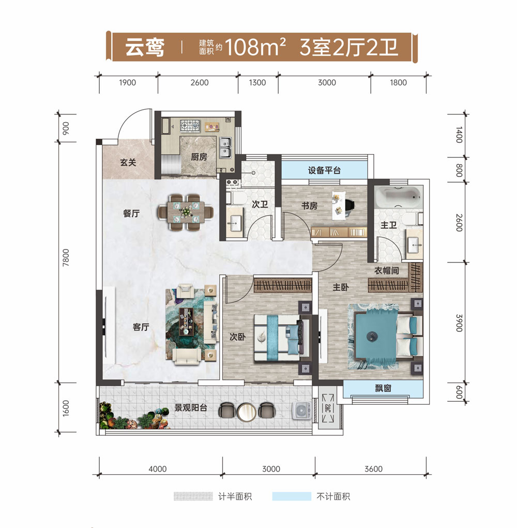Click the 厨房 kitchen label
[x=199, y=156]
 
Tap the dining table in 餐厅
[x=185, y=212]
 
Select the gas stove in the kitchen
[x=190, y=126]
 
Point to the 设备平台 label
[x=324, y=170]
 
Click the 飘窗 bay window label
[x=383, y=388]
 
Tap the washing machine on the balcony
[x=301, y=410]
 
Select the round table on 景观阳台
[x=247, y=412]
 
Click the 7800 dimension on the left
[x=66, y=258]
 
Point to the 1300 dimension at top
[x=257, y=82]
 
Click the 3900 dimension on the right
[x=459, y=323]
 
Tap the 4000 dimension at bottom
[x=157, y=469]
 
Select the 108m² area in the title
[x=255, y=47]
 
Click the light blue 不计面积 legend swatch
[x=292, y=496]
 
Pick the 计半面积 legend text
[x=235, y=496]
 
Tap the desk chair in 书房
[x=349, y=205]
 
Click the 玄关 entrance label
[x=128, y=163]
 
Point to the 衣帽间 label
[x=387, y=270]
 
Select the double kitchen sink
[x=225, y=148]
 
